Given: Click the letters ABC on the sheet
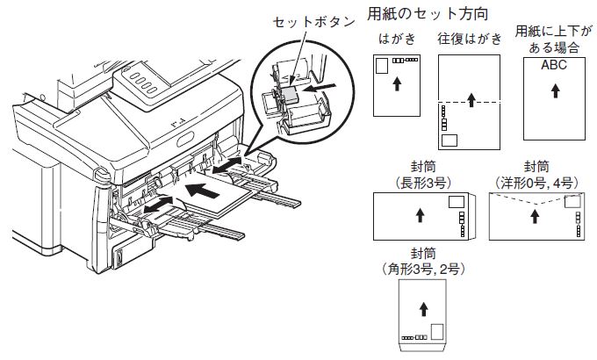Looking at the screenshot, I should [554, 66].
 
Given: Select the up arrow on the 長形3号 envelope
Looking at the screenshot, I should [418, 213].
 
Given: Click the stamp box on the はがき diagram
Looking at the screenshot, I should [381, 66].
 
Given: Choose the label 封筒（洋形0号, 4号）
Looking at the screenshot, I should [537, 172].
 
